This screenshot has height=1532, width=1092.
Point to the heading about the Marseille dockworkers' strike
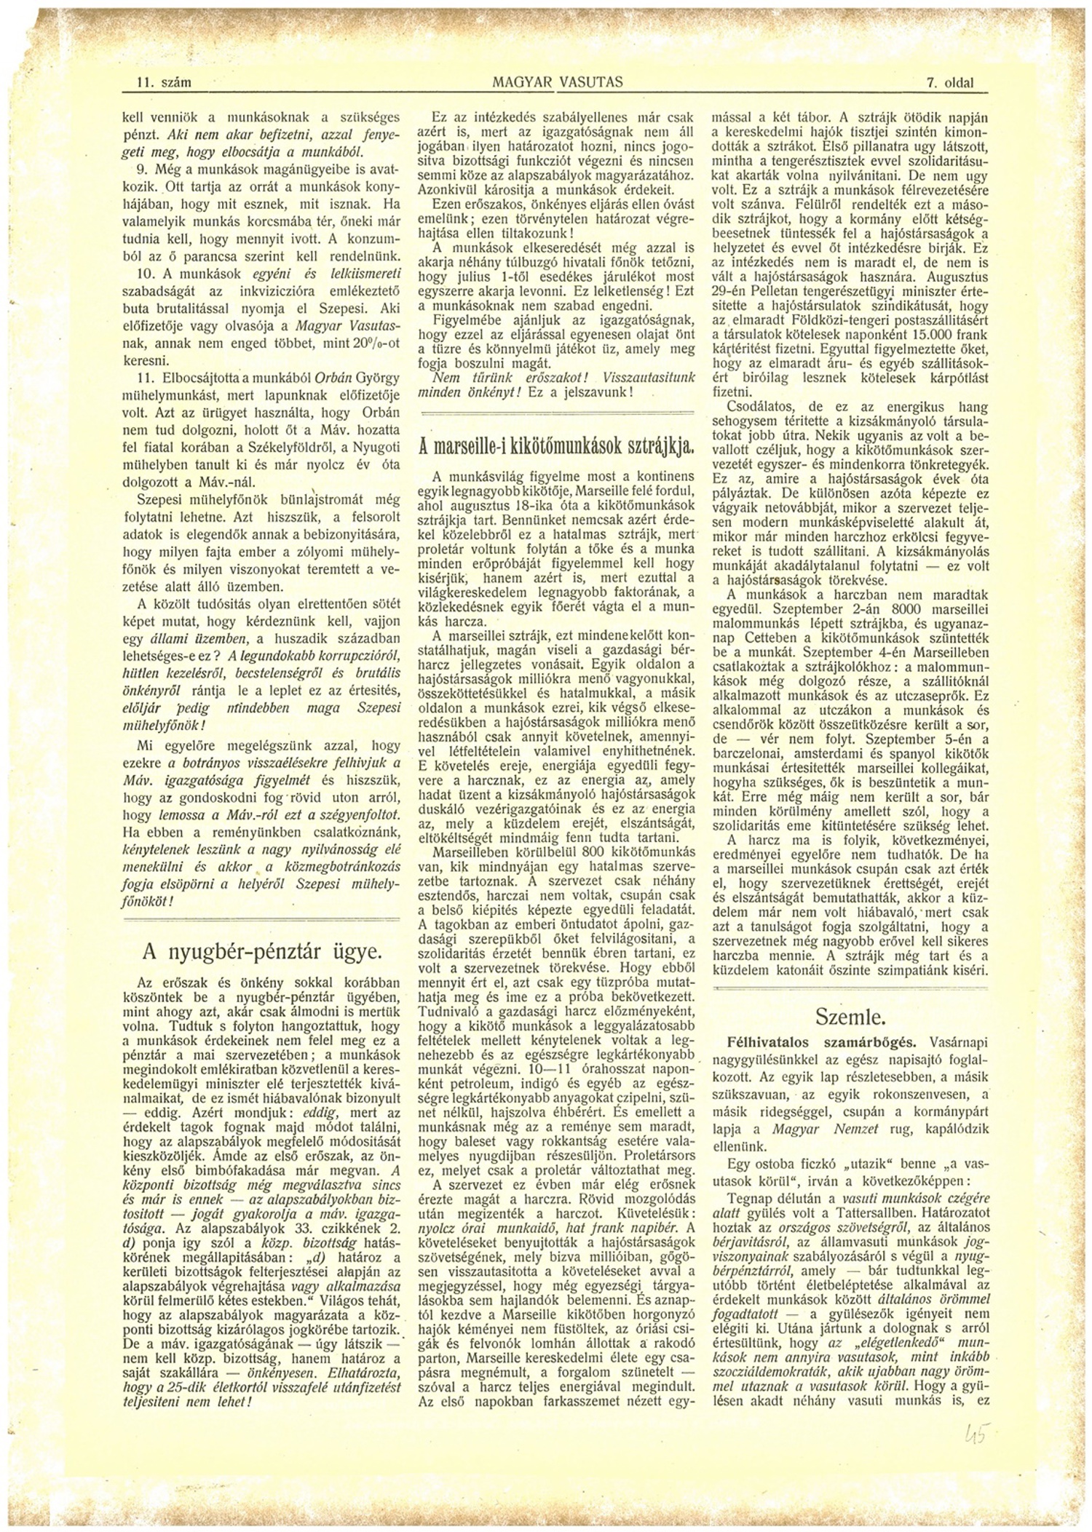click(x=556, y=446)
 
